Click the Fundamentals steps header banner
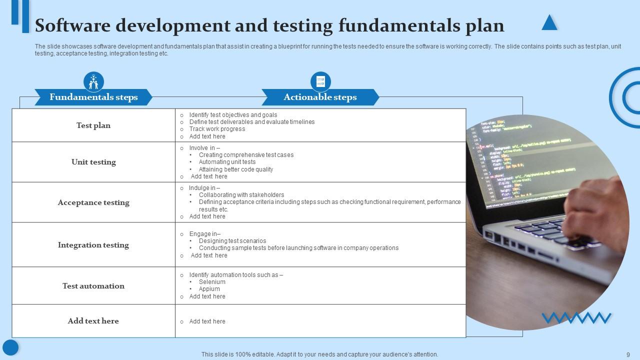[93, 97]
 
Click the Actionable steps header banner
[320, 97]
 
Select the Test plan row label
[93, 125]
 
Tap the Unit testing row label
[93, 162]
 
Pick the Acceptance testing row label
[93, 202]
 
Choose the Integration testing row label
[93, 245]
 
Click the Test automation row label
[93, 286]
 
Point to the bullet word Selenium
[212, 282]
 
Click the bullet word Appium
[209, 289]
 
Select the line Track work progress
[217, 129]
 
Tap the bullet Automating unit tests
[227, 162]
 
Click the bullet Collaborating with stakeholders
[241, 195]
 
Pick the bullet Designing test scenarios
[232, 241]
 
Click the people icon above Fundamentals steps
[93, 81]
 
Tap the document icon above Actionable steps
[320, 81]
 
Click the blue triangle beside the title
[549, 23]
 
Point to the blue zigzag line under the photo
[576, 317]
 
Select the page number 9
[628, 354]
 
